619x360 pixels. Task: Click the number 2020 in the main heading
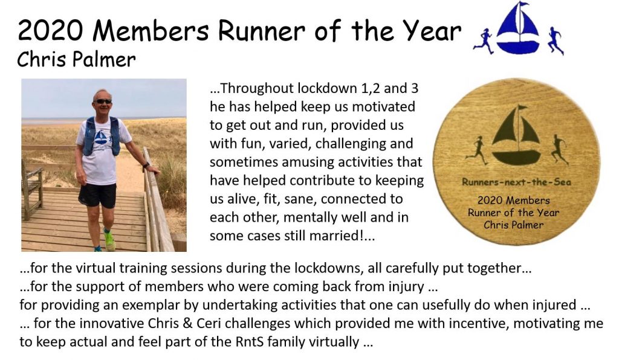pyautogui.click(x=51, y=31)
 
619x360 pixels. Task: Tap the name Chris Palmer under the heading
pyautogui.click(x=76, y=60)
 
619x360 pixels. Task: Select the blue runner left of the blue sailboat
pyautogui.click(x=484, y=41)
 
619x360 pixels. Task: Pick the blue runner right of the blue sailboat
pyautogui.click(x=556, y=41)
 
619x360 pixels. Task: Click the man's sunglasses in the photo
pyautogui.click(x=104, y=101)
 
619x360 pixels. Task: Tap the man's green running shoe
pyautogui.click(x=109, y=240)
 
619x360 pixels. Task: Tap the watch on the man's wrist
pyautogui.click(x=146, y=166)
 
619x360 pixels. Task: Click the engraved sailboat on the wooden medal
pyautogui.click(x=517, y=135)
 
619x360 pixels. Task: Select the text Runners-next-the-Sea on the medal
pyautogui.click(x=516, y=182)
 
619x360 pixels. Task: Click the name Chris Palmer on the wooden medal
pyautogui.click(x=514, y=225)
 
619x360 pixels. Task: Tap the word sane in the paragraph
pyautogui.click(x=300, y=199)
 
